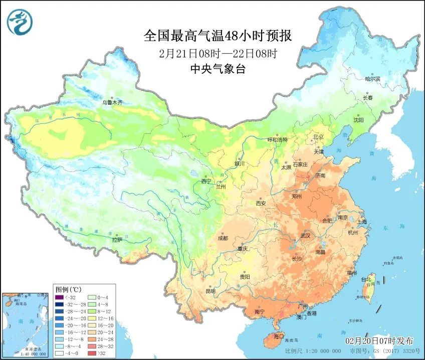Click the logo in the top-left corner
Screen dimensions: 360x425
click(20, 21)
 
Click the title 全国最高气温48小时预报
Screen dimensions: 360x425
click(218, 36)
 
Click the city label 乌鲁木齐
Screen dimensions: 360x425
click(112, 102)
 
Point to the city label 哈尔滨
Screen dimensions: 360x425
click(372, 79)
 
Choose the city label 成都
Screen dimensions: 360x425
click(223, 238)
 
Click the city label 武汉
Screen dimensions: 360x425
click(305, 235)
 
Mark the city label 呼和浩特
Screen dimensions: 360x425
click(278, 140)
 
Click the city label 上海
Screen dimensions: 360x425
click(361, 222)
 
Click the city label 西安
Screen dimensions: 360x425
click(261, 204)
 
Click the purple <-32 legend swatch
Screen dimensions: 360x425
click(59, 298)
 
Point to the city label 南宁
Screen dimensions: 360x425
click(259, 311)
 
